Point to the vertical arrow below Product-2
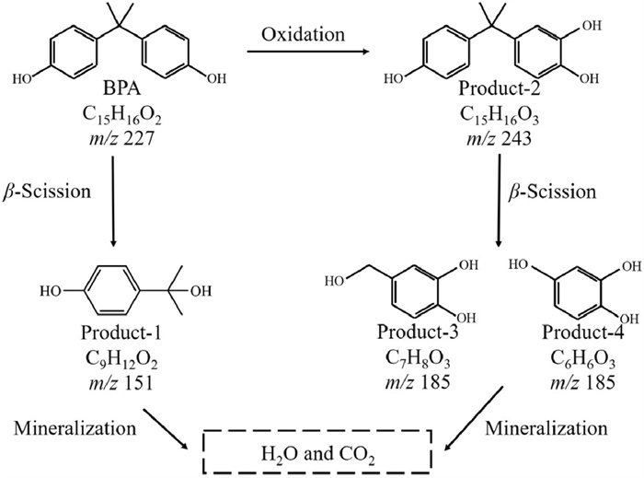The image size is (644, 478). (x=499, y=198)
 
